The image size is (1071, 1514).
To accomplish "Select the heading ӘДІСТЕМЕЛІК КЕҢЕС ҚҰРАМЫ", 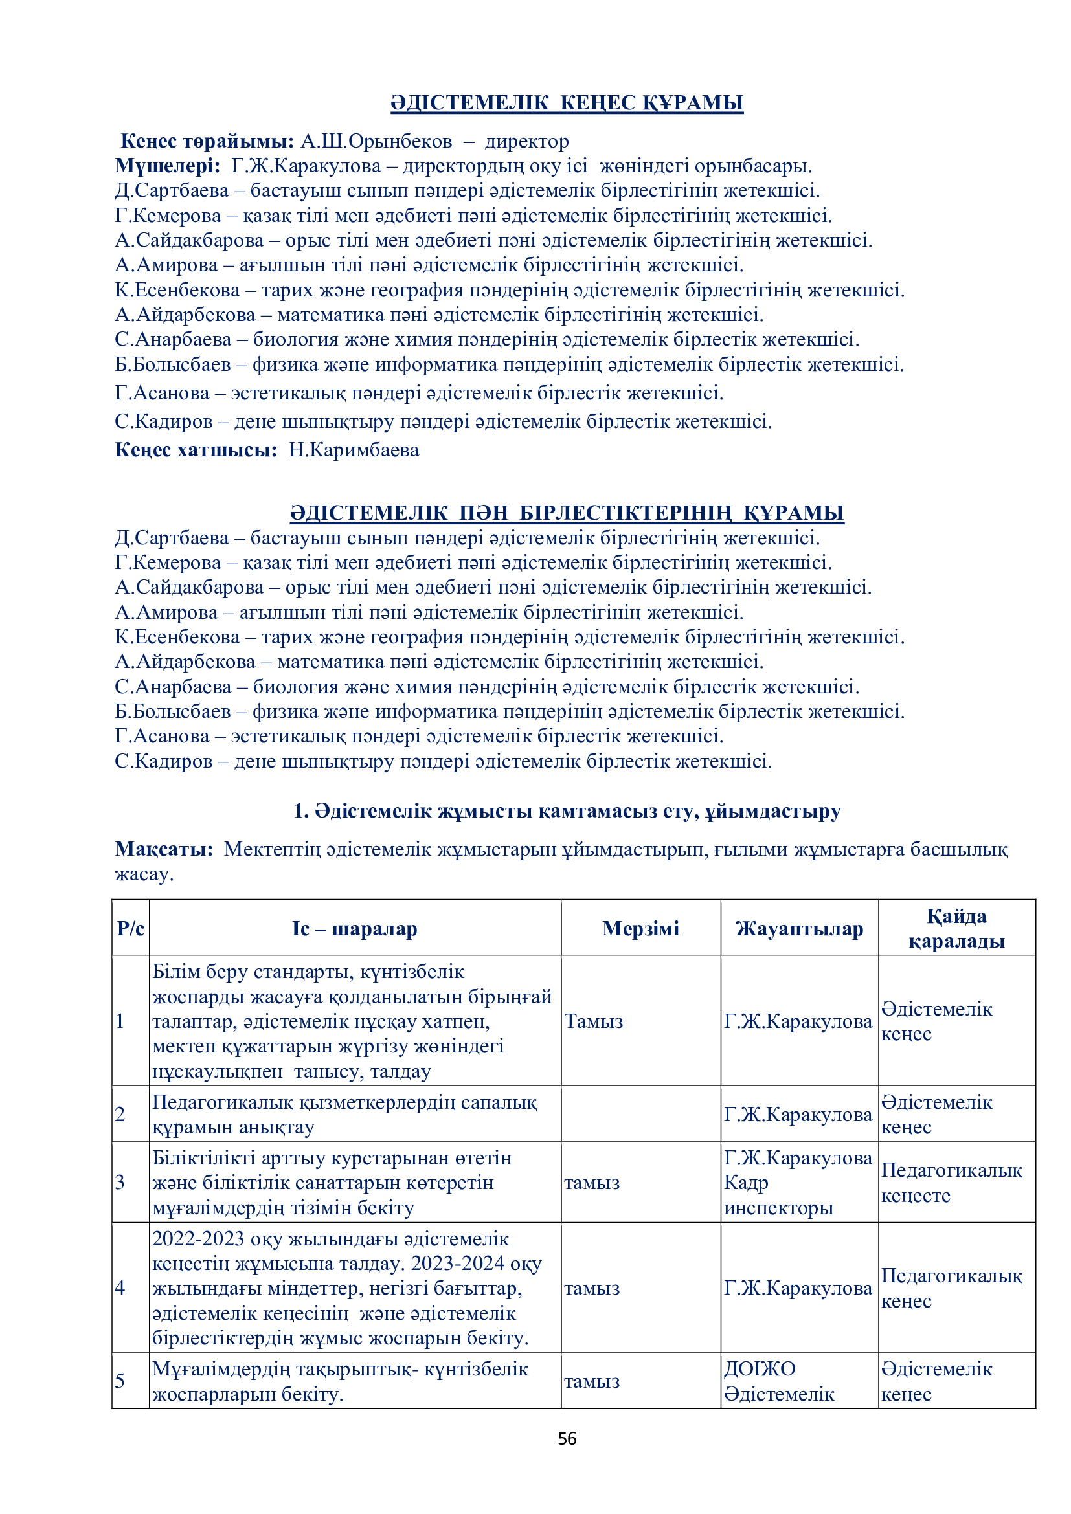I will (567, 103).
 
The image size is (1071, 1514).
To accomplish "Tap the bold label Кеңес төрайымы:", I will (207, 141).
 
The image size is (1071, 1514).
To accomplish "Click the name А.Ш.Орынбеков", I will (377, 141).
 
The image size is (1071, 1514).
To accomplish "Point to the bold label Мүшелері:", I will (168, 166).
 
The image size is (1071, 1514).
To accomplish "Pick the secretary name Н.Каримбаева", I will (354, 450).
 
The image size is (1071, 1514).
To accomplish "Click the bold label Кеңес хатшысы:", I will (196, 450).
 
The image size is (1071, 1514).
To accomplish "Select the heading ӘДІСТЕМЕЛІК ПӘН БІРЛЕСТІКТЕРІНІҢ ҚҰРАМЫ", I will (567, 513).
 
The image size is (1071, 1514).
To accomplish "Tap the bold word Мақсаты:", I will (164, 849).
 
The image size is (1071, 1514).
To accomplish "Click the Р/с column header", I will (131, 928).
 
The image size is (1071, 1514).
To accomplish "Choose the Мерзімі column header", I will (640, 928).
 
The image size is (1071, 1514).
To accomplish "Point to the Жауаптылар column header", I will (799, 928).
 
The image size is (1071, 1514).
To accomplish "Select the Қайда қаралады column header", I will (956, 928).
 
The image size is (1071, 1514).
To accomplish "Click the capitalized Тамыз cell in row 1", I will (594, 1021).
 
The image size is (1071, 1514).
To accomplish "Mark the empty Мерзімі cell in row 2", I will (640, 1115).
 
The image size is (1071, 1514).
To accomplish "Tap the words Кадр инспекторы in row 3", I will (778, 1196).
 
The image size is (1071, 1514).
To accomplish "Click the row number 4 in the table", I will (120, 1288).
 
